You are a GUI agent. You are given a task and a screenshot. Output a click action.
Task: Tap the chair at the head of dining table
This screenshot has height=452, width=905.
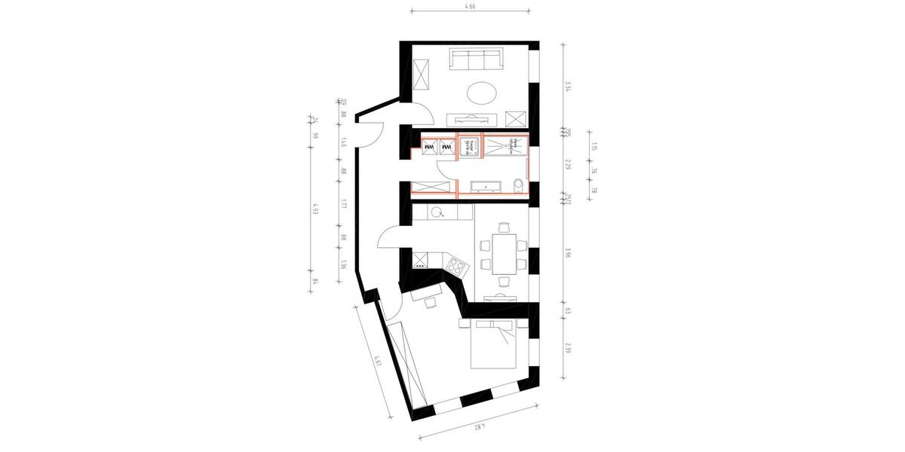coord(502,280)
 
